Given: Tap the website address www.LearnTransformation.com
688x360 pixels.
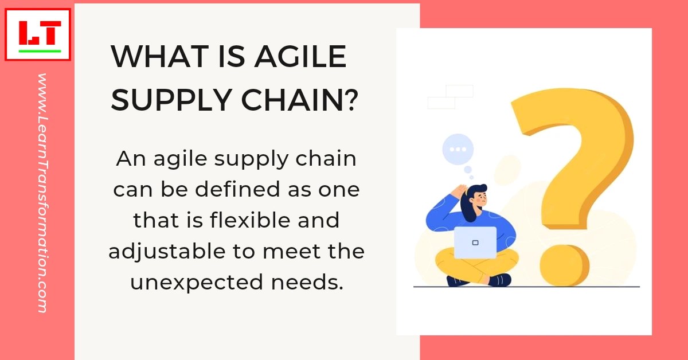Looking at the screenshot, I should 42,193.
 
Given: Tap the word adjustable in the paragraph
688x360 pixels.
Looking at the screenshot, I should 162,251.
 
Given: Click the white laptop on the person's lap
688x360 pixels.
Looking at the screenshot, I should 475,242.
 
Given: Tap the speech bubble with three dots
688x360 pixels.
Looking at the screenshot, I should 458,150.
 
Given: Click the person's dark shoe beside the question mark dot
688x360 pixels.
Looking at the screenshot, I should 500,280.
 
